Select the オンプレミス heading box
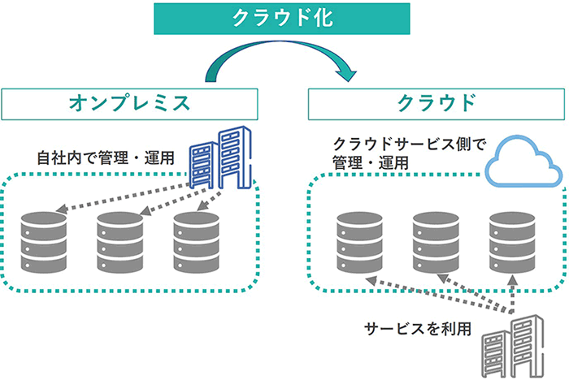point(130,103)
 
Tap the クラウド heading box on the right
point(436,103)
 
